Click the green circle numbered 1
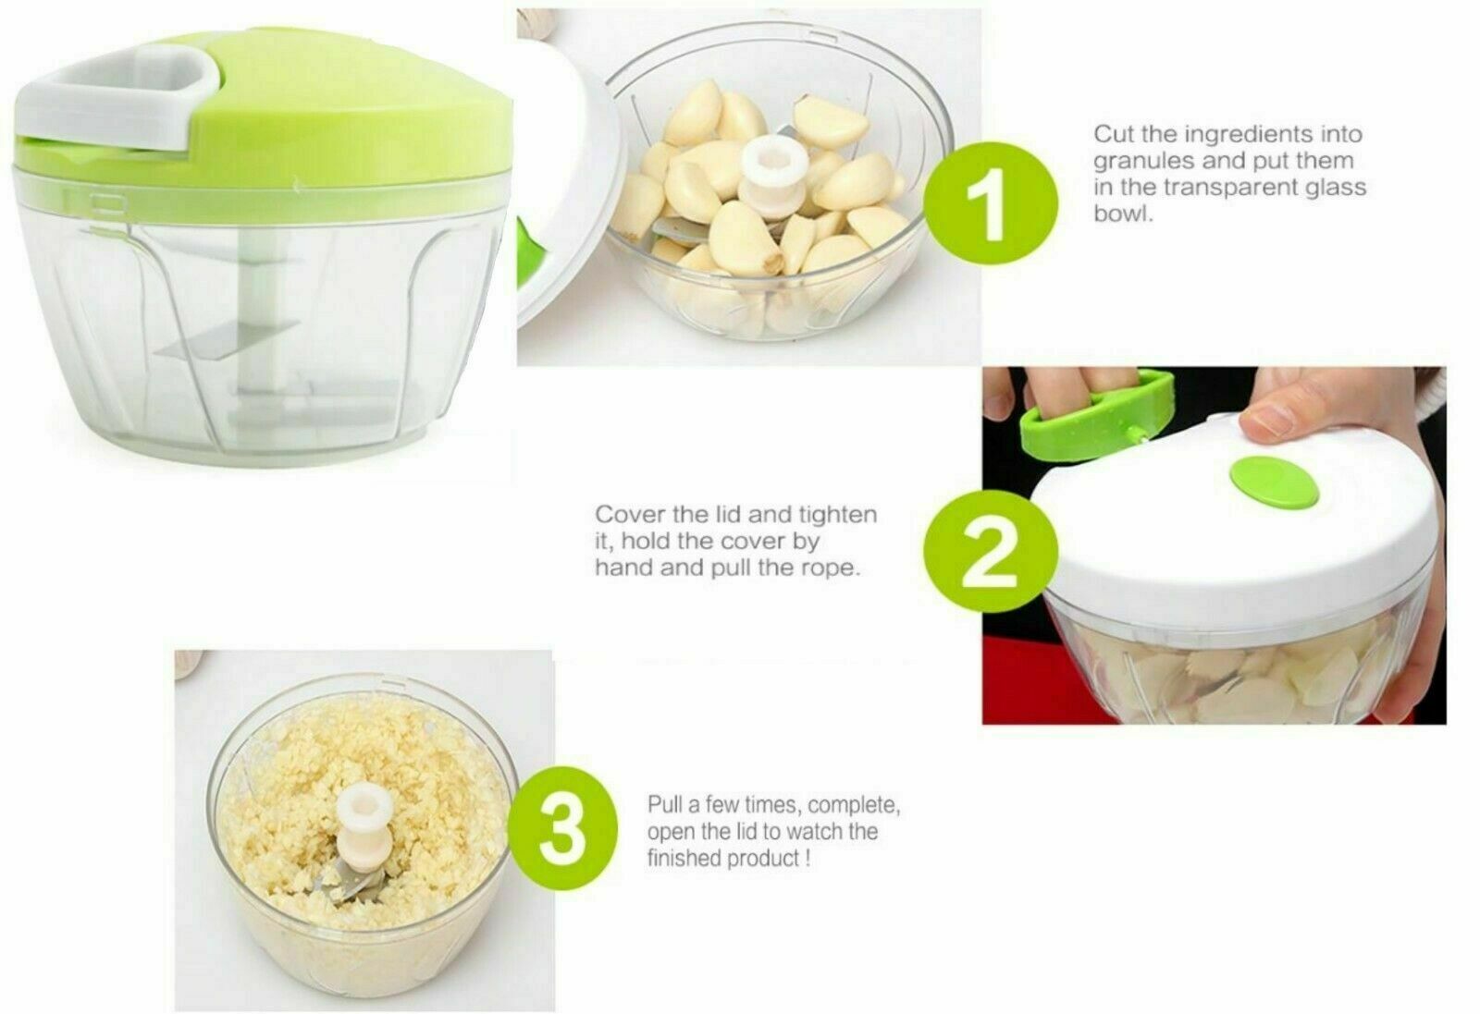[x=991, y=202]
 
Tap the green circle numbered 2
[x=990, y=551]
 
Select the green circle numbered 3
[x=563, y=828]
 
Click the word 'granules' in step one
[x=1144, y=162]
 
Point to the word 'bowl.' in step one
[x=1123, y=214]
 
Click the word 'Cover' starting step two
[x=630, y=515]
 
